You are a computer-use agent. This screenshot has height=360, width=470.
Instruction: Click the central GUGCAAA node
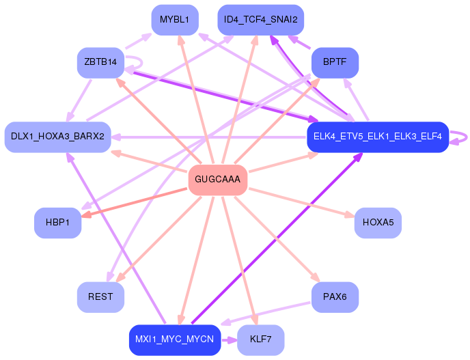217,180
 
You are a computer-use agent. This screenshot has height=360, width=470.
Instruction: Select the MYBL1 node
174,19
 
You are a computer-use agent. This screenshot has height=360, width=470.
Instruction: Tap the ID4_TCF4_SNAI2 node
260,19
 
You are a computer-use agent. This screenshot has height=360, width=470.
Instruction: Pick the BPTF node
335,62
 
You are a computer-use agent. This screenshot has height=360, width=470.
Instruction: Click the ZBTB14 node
100,62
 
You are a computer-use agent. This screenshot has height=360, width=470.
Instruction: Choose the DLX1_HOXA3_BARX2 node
57,137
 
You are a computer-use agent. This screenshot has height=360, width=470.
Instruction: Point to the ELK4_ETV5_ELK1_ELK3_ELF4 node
377,137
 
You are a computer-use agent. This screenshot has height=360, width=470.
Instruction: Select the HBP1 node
58,223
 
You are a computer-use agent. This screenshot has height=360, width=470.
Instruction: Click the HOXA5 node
378,223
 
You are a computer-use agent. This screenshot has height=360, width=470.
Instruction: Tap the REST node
100,297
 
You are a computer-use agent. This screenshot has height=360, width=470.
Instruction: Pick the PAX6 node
335,297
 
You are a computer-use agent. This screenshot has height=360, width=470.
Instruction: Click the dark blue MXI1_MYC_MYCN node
174,340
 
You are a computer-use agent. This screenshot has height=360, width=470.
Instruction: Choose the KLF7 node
260,340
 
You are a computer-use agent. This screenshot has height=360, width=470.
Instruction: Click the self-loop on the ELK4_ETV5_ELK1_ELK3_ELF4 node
463,137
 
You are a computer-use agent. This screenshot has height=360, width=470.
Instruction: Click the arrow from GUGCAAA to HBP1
137,202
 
